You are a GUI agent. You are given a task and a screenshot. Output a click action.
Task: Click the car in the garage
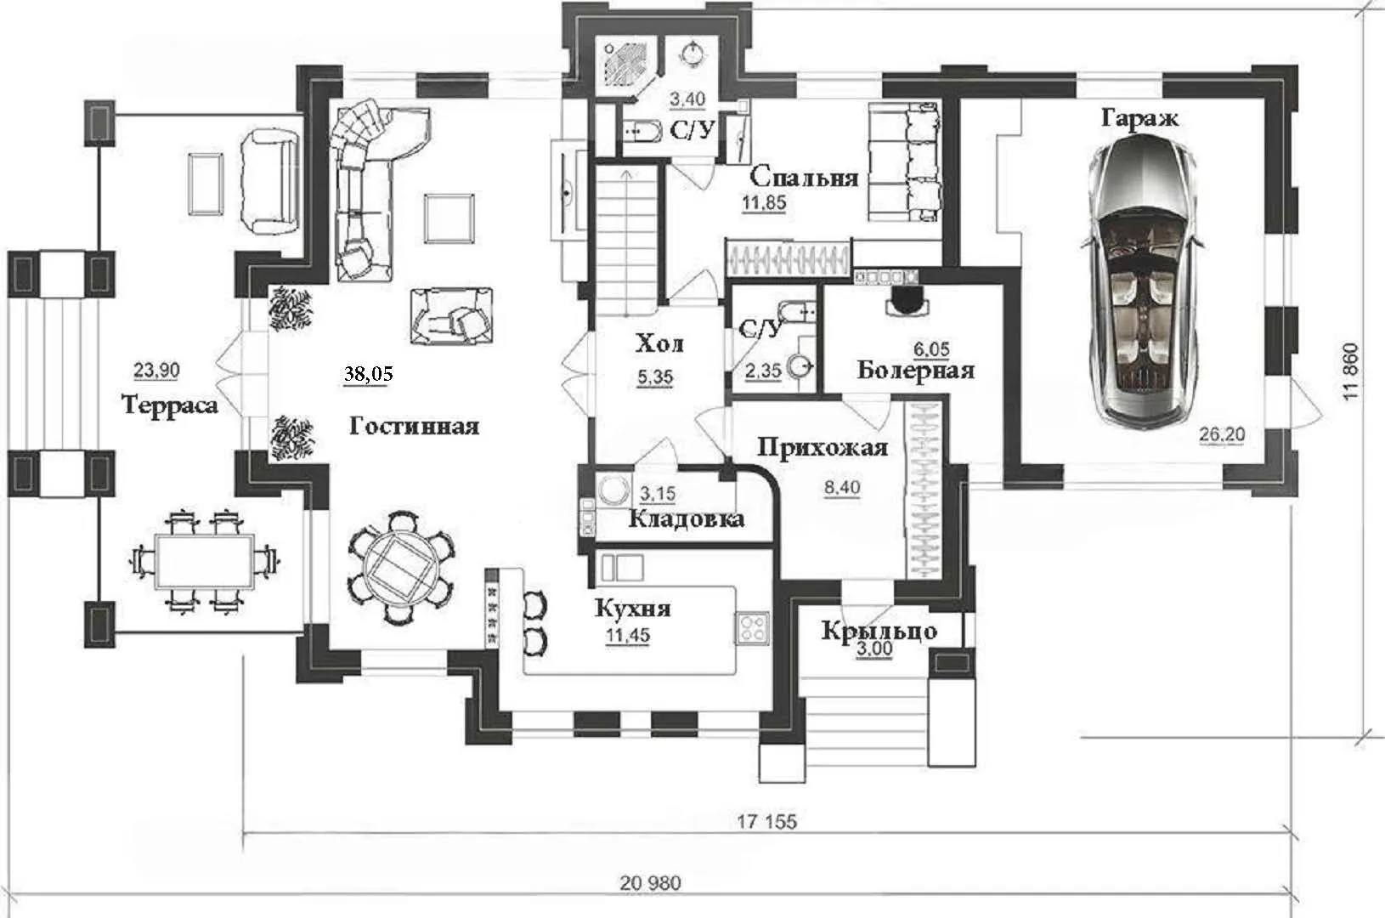coord(1143,280)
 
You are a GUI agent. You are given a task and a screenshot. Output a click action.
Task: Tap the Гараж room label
coord(1139,118)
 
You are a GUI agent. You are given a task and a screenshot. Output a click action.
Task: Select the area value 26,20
coord(1222,434)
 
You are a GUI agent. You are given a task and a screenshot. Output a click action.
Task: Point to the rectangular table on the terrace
coord(205,563)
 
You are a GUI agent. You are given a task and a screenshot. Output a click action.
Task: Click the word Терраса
coord(170,405)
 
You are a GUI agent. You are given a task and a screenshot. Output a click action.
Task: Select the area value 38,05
coord(369,374)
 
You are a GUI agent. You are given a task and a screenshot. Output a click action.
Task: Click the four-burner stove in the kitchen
coord(752,627)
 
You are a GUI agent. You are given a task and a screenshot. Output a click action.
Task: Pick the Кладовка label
coord(687,518)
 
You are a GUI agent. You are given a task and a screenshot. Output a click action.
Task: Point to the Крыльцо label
coord(879,632)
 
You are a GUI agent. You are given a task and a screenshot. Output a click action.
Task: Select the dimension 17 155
coord(766,821)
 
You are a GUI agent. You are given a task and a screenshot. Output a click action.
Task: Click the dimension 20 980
coord(651,883)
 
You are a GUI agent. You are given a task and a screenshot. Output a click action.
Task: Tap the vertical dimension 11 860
coord(1352,371)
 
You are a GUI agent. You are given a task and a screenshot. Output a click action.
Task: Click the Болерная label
coord(916,371)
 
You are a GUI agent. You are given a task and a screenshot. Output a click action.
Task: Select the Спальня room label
coord(804,178)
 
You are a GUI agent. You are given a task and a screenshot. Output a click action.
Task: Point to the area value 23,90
coord(156,371)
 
